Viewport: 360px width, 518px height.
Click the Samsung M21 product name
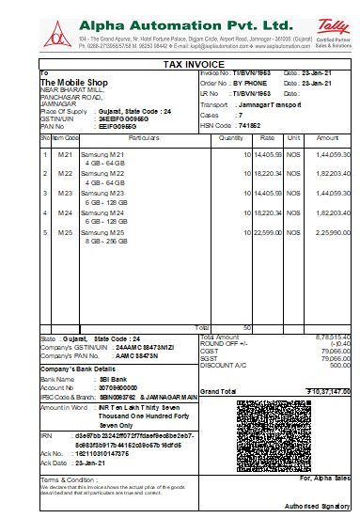point(104,154)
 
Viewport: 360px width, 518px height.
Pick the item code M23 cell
point(65,193)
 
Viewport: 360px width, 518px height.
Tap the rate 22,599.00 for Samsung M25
point(268,232)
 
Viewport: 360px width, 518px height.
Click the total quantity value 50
point(246,327)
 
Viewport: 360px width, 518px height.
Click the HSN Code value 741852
point(248,125)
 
